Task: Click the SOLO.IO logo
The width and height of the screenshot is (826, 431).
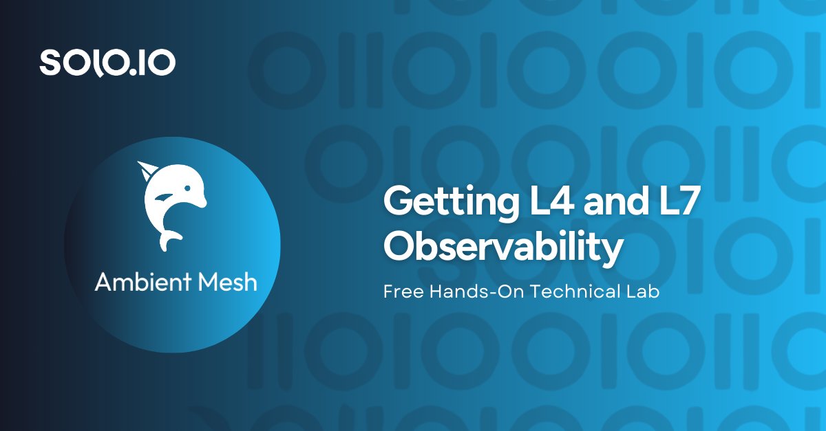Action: click(x=107, y=63)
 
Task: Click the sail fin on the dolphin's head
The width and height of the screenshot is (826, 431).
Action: click(x=146, y=169)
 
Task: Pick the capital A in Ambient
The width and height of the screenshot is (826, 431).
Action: click(x=103, y=282)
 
